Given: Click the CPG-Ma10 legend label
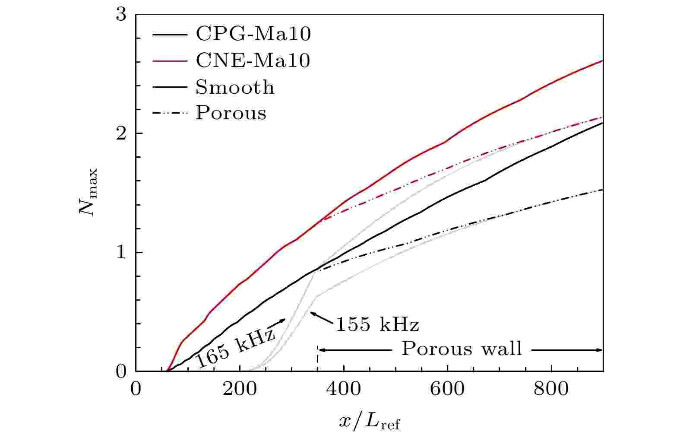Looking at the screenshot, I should [253, 34].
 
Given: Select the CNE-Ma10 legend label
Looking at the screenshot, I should [253, 60].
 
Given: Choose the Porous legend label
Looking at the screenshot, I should [231, 113].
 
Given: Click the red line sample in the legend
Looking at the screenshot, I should [170, 60].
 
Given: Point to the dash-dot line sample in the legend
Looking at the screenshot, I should [170, 113].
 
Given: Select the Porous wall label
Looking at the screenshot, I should [462, 349].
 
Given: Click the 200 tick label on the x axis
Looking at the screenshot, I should [240, 389].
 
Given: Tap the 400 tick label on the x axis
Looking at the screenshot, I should [344, 389].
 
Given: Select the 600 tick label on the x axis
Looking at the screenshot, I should [447, 389].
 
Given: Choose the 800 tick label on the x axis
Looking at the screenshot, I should [551, 389].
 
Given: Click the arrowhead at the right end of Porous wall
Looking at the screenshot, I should [599, 350].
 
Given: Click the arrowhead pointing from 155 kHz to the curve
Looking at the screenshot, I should [313, 313].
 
